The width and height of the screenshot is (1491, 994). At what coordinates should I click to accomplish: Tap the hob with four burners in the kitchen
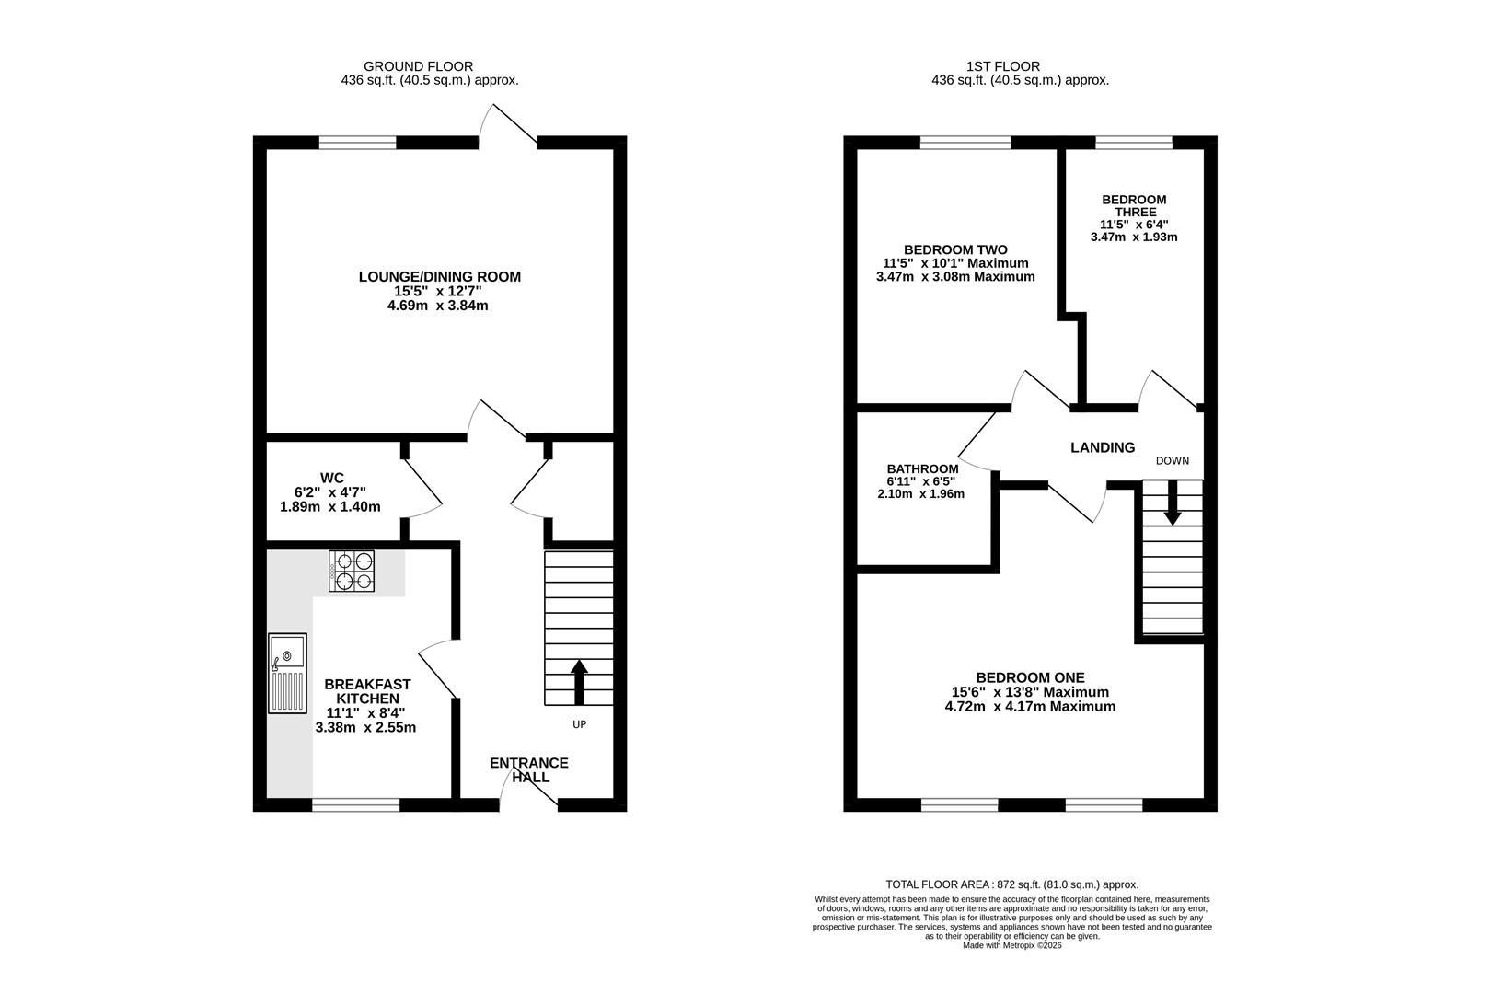click(x=352, y=572)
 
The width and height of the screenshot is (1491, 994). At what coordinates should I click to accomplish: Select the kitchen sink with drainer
click(x=287, y=673)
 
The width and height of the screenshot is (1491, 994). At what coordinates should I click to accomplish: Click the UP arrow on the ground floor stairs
click(x=579, y=682)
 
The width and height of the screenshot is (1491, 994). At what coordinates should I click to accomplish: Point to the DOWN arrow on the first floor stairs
click(x=1173, y=502)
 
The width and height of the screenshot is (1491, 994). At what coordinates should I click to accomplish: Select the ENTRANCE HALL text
click(x=529, y=769)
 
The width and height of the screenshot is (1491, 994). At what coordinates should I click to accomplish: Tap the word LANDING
click(x=1103, y=448)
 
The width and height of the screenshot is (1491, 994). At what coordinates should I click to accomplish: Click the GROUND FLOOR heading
click(x=418, y=66)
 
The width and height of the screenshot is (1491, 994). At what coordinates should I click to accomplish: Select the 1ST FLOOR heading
click(x=1003, y=66)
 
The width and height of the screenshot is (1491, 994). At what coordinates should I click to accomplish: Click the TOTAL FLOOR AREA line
click(x=1011, y=884)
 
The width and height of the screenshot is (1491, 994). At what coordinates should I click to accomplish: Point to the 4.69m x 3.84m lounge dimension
click(x=438, y=306)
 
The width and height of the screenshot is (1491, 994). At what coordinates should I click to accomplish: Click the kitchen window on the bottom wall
click(x=356, y=805)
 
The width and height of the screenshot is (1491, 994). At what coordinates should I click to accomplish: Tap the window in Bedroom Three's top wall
click(x=1134, y=143)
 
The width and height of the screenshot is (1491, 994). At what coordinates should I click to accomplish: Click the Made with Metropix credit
click(x=1011, y=945)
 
